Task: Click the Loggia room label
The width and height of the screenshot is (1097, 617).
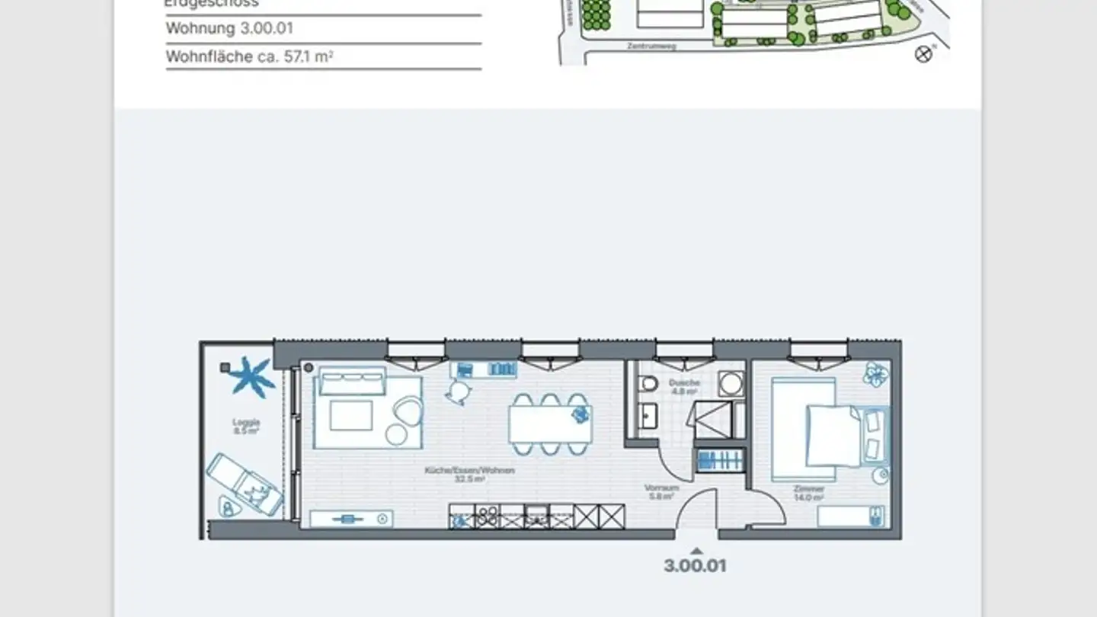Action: tap(247, 426)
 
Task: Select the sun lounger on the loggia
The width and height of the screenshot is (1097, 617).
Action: tap(244, 484)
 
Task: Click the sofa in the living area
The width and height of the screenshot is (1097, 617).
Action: tap(352, 382)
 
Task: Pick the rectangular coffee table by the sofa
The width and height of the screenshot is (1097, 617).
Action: tap(350, 416)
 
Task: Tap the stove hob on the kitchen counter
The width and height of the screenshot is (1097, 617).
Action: tap(488, 517)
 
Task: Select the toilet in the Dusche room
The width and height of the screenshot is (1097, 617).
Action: tap(648, 383)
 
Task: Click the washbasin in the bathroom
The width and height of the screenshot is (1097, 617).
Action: tap(648, 416)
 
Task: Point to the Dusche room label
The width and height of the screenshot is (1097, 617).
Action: tap(684, 386)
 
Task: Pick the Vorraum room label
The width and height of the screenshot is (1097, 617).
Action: tap(660, 491)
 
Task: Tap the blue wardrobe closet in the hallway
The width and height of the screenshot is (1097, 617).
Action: tap(719, 460)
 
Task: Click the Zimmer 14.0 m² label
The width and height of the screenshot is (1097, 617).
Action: tap(808, 493)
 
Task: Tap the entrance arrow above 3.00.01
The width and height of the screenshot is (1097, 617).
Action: tap(695, 549)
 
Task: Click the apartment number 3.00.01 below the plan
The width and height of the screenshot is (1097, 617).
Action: tap(695, 566)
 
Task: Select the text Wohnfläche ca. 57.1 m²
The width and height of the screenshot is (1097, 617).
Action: tap(249, 56)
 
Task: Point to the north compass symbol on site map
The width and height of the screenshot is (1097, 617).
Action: tap(923, 54)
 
